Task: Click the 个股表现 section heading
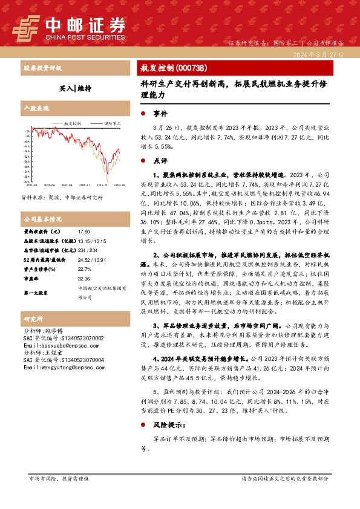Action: coord(36,109)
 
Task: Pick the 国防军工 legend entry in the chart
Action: coord(111,123)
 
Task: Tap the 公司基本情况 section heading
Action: coord(42,218)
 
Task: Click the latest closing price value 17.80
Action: coord(83,232)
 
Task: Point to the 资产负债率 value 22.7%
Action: coord(85,268)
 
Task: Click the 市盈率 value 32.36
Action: coord(83,278)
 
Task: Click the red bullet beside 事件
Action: coord(142,114)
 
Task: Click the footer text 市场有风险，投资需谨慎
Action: coord(59,478)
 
